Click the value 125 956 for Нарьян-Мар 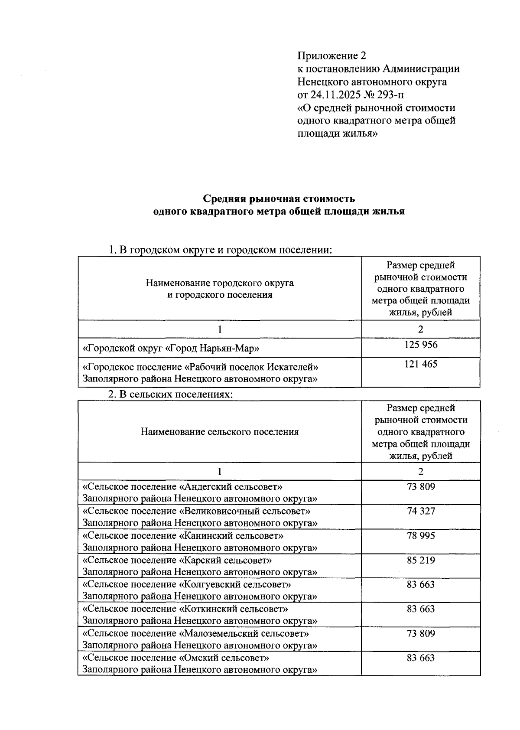(x=420, y=345)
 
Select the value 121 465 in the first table (x=420, y=364)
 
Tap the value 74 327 (x=420, y=511)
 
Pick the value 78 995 (x=420, y=536)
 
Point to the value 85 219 (x=420, y=560)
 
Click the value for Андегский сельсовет (x=420, y=487)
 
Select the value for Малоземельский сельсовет (x=420, y=634)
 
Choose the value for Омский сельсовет (x=420, y=658)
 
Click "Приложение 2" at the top (x=331, y=55)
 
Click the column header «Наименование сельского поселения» (x=219, y=432)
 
